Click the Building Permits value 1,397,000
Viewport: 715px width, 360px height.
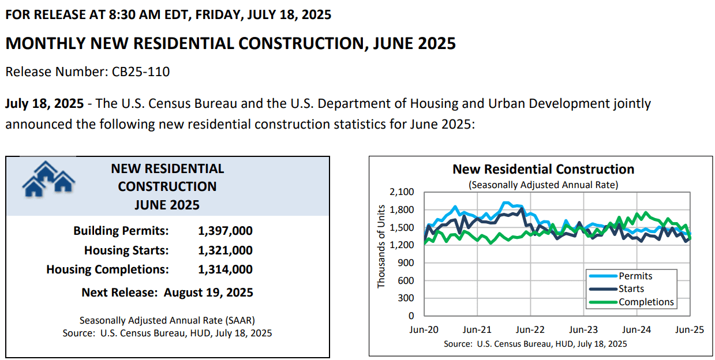pos(226,231)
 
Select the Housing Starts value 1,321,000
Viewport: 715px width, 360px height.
pos(226,250)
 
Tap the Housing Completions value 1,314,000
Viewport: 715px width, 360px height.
pos(226,269)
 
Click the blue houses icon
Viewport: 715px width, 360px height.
pos(48,179)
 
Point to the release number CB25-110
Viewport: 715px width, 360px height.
pos(140,72)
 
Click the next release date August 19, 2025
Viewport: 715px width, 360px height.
pos(208,292)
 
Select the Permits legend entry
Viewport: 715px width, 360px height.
pos(621,276)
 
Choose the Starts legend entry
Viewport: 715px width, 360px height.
pos(617,288)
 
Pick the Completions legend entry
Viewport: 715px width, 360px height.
pos(631,302)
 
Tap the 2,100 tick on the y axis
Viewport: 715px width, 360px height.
pos(402,192)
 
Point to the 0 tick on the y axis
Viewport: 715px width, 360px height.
pos(411,316)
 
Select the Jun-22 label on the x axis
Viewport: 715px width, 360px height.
pos(530,329)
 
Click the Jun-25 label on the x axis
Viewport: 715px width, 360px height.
pos(690,329)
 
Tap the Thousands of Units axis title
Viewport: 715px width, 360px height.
pos(381,246)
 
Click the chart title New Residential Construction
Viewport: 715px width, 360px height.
pos(543,169)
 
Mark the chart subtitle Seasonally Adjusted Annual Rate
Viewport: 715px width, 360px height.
pos(543,185)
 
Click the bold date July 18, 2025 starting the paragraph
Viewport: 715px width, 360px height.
pos(44,104)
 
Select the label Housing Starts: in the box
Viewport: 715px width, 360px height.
pos(126,250)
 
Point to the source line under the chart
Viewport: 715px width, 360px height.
pos(536,344)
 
